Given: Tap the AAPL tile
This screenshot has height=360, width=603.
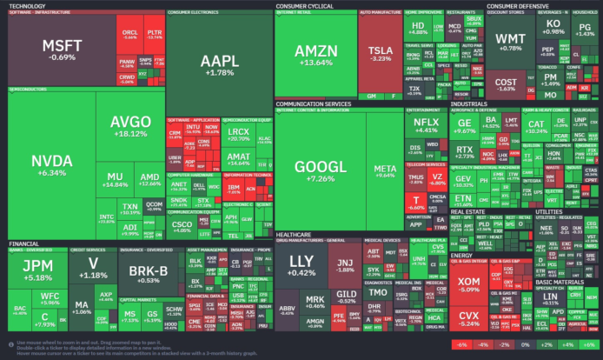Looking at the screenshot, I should pos(217,64).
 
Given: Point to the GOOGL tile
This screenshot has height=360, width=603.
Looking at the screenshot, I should pos(321,170).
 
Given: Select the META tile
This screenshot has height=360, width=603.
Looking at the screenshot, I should pos(384,170).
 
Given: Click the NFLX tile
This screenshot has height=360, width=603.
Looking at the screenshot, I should pos(426,126).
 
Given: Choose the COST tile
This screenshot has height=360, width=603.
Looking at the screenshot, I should pos(506,83).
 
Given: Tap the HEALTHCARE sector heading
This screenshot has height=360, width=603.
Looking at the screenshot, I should pos(295,233).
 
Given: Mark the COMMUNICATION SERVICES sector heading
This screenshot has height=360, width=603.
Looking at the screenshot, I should pos(314,103).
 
